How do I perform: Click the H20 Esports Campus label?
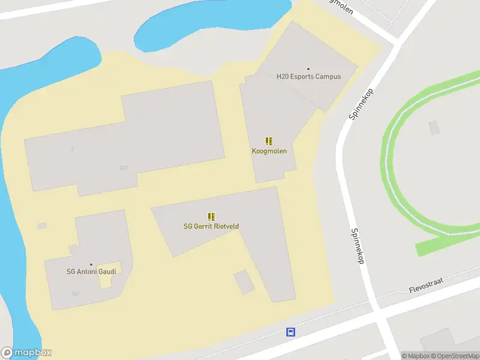pyautogui.click(x=308, y=77)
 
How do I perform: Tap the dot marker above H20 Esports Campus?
pyautogui.click(x=308, y=69)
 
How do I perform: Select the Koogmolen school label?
pyautogui.click(x=269, y=151)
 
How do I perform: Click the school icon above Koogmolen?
pyautogui.click(x=269, y=142)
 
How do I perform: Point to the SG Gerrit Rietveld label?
pyautogui.click(x=211, y=226)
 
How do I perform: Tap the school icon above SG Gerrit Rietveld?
pyautogui.click(x=211, y=216)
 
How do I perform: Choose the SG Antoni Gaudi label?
pyautogui.click(x=91, y=271)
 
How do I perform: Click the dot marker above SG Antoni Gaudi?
pyautogui.click(x=91, y=264)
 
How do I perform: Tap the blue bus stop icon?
pyautogui.click(x=290, y=332)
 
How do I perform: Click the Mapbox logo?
pyautogui.click(x=26, y=353)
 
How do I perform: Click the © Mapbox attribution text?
pyautogui.click(x=415, y=356)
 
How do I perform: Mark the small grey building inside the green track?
pyautogui.click(x=434, y=127)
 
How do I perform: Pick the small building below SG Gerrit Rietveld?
pyautogui.click(x=244, y=282)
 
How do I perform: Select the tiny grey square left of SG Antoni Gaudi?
pyautogui.click(x=42, y=226)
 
